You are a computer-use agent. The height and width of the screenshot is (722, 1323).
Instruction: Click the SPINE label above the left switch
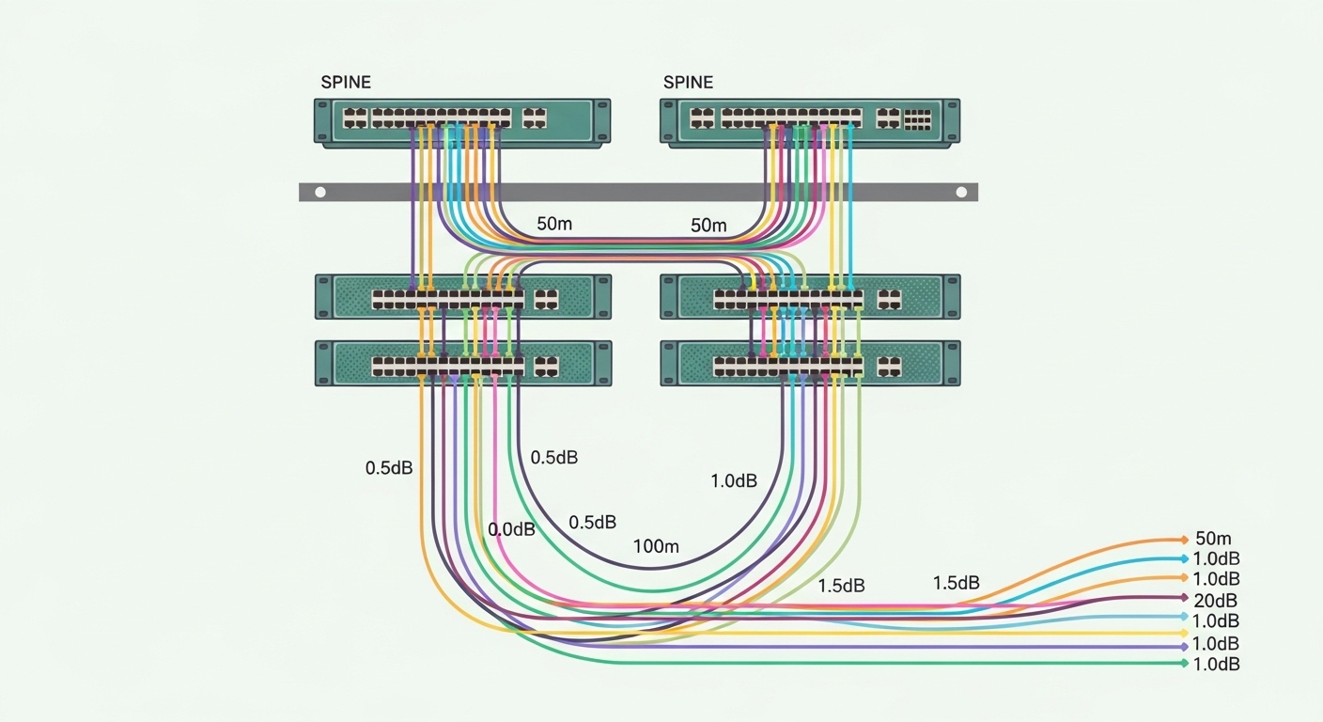point(346,82)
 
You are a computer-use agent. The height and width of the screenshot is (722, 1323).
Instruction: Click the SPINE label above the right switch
point(688,82)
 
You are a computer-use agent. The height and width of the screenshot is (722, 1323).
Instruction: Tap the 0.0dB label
point(511,529)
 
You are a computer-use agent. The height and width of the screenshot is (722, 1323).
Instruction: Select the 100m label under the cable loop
point(656,545)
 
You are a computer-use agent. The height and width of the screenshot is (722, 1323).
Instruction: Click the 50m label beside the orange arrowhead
point(1213,539)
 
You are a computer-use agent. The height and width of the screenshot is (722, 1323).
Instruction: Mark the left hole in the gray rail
point(320,192)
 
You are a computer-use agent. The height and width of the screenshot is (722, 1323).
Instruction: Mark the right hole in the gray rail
point(960,192)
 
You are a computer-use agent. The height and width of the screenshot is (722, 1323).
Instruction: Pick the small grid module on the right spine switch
point(917,118)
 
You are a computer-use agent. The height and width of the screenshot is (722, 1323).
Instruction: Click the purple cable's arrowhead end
point(1184,648)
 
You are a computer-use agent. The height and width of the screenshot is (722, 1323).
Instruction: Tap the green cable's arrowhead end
point(1184,664)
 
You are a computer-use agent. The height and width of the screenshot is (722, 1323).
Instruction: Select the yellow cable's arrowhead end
point(1184,633)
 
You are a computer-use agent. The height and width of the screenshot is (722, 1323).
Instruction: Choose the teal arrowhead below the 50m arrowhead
point(1184,558)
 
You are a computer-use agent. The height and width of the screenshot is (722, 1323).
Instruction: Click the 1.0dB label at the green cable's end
point(1216,665)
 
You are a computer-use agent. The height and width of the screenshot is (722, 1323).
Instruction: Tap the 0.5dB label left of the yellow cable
point(389,467)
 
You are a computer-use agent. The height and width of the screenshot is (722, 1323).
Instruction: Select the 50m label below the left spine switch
point(554,225)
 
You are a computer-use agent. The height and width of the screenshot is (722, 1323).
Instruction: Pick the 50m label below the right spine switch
point(708,226)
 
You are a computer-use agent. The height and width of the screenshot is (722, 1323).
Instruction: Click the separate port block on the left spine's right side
point(535,118)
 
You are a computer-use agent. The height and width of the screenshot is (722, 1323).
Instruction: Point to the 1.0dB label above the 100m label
point(733,481)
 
